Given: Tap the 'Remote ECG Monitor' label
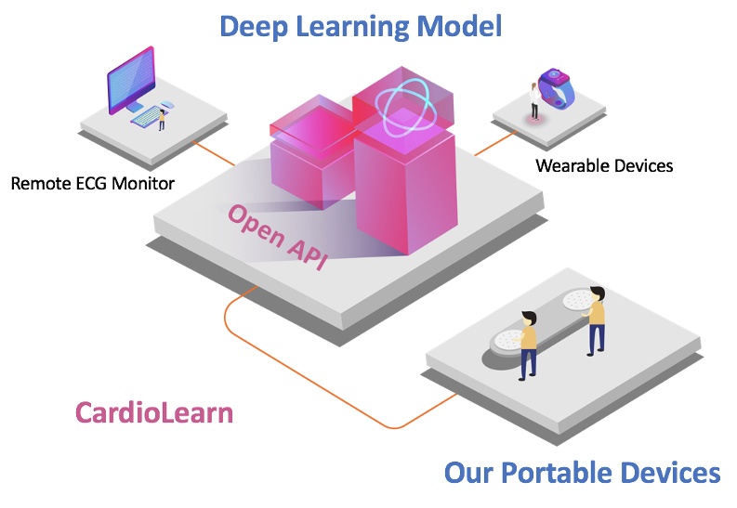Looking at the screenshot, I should [92, 183].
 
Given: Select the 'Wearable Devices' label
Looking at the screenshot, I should [604, 166].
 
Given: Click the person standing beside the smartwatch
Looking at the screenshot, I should [534, 101].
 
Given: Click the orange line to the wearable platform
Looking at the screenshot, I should [493, 142].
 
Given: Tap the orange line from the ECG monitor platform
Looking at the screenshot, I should [214, 154].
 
